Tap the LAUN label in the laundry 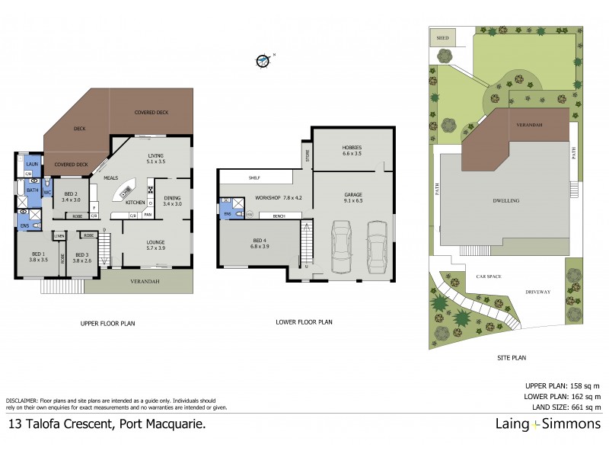[32, 164]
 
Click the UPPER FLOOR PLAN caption [107, 324]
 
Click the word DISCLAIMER [24, 400]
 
